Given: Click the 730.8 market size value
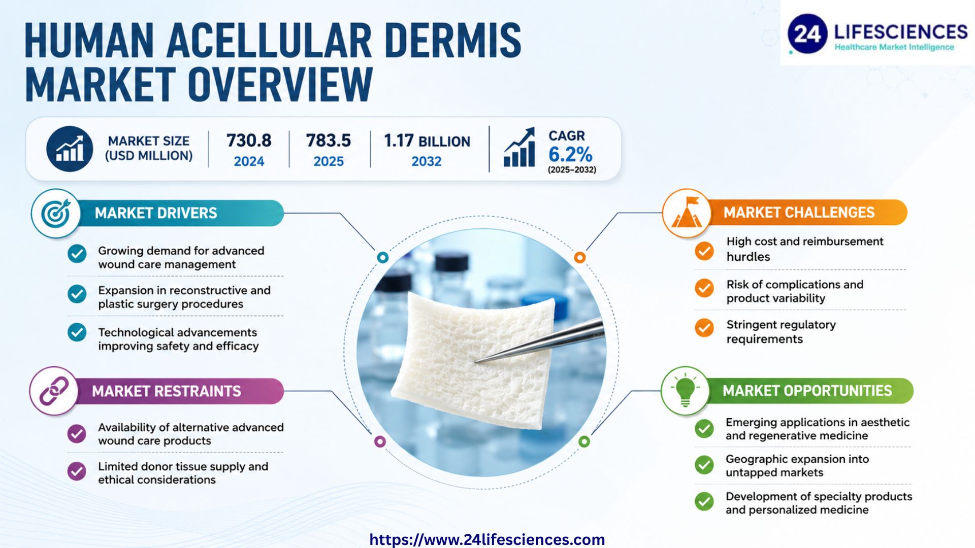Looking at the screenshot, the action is [x=249, y=141].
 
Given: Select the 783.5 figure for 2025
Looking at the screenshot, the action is [x=328, y=141].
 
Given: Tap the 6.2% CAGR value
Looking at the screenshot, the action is [x=570, y=154].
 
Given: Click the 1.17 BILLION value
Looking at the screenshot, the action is [x=427, y=141].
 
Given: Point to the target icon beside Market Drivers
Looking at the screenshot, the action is [x=56, y=214].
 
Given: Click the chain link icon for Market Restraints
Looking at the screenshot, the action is [x=54, y=391].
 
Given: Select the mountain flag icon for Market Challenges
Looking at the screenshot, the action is [x=687, y=213].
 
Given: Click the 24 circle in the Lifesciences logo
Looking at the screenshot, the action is [x=807, y=34].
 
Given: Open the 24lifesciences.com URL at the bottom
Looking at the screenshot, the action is [x=487, y=539].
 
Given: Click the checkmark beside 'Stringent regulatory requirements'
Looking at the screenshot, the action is [x=704, y=328].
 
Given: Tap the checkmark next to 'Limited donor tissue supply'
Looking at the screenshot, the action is [x=77, y=471].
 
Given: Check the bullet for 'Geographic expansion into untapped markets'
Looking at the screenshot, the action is [x=704, y=465].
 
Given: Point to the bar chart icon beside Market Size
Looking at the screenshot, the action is [x=70, y=149].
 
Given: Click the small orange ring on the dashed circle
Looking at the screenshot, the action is [x=580, y=257].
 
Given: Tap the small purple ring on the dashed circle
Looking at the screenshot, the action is [x=380, y=441].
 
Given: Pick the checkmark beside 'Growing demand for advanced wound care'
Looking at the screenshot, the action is [x=77, y=254].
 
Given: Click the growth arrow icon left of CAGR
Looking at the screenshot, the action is [x=519, y=147].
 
